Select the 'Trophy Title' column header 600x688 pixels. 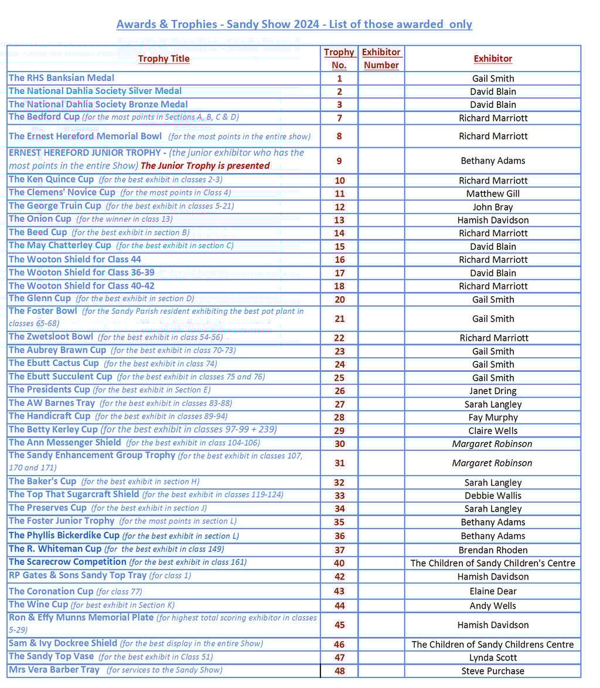(x=163, y=59)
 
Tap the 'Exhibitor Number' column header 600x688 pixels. (x=381, y=59)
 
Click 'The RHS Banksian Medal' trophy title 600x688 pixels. (x=62, y=78)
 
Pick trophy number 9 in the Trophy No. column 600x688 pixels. (x=339, y=161)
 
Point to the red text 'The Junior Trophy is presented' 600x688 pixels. (x=205, y=166)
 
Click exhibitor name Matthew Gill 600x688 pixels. (x=493, y=194)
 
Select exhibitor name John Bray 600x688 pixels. (x=493, y=207)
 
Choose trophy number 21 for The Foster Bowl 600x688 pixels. (x=339, y=319)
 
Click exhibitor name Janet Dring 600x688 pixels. (x=493, y=391)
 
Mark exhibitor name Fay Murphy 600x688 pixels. (x=493, y=418)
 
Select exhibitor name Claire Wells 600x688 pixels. (x=493, y=431)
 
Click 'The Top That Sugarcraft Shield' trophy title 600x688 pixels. (x=74, y=494)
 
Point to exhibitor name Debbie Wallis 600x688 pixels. (x=493, y=496)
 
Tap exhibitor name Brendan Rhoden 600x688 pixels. (x=493, y=550)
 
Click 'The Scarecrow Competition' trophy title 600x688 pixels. (x=67, y=562)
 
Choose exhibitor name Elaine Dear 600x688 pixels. (x=493, y=591)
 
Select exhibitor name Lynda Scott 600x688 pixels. (x=493, y=658)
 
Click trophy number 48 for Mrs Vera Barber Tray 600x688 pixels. (x=339, y=671)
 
